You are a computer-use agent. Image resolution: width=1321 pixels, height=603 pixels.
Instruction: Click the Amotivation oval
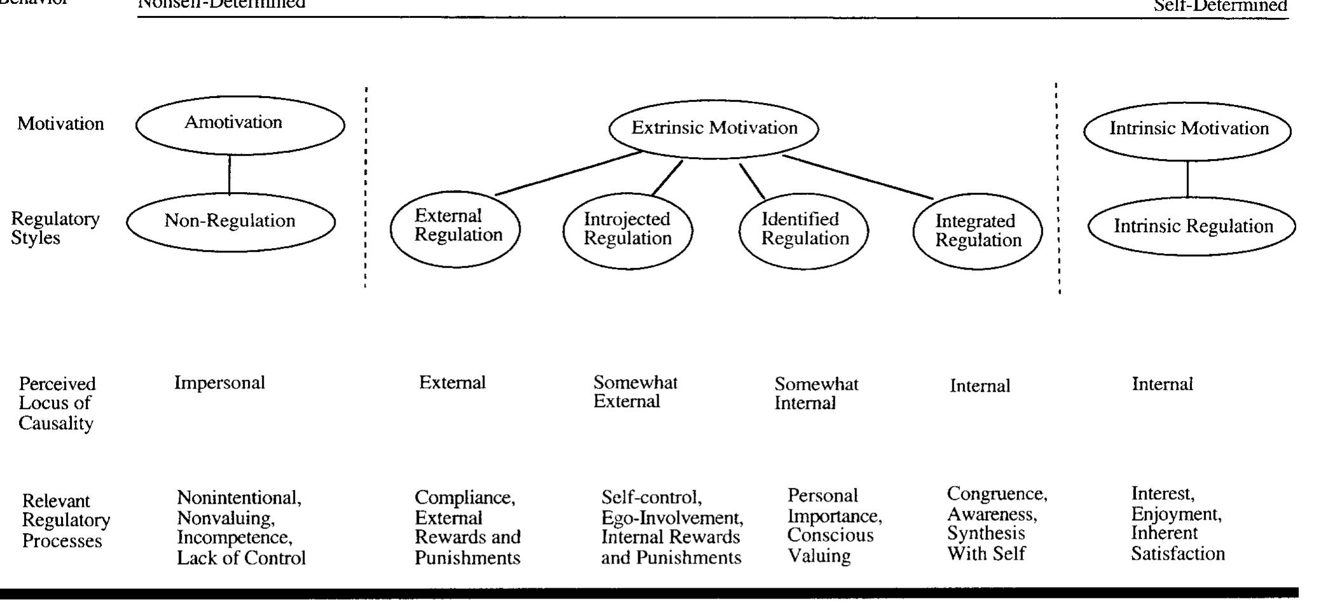240,125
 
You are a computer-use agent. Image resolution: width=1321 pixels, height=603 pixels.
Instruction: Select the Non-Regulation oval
230,221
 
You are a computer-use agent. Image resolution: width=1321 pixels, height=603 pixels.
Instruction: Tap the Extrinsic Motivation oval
713,128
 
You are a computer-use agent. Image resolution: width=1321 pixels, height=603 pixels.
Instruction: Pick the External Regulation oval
455,228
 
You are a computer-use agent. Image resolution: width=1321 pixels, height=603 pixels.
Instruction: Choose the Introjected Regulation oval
627,230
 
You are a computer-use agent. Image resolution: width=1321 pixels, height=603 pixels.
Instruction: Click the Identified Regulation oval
804,230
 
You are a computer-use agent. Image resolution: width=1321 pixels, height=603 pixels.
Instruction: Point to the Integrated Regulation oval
977,232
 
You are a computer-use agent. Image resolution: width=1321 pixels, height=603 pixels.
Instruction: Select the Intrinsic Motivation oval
1187,130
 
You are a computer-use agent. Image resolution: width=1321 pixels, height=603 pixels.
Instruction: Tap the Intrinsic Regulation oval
1191,226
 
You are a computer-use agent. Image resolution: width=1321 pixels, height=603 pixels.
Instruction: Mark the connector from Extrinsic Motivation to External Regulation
569,173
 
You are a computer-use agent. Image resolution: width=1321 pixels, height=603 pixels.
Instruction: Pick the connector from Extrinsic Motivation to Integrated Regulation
858,177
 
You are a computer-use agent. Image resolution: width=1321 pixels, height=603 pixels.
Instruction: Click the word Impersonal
219,383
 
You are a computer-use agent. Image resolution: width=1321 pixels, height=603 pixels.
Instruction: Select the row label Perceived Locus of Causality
57,403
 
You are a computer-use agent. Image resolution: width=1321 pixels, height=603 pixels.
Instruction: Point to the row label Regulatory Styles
55,228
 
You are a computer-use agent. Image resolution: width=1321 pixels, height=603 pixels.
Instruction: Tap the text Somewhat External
635,392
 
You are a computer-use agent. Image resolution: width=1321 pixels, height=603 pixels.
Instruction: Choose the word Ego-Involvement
672,518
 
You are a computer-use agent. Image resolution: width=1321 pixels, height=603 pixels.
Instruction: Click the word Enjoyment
1176,513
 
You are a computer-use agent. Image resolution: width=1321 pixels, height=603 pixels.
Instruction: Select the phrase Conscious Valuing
830,545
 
